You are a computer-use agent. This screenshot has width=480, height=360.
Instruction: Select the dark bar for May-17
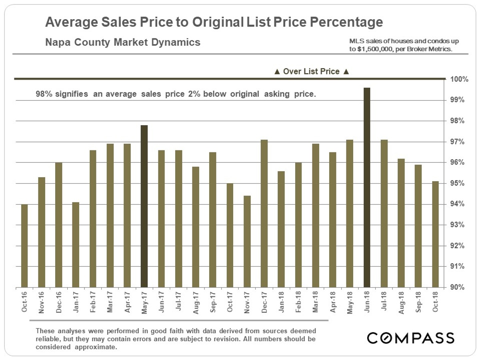pyautogui.click(x=144, y=206)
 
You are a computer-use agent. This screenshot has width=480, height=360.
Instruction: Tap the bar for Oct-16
pyautogui.click(x=24, y=246)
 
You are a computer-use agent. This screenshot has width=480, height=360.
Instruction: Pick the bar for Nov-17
pyautogui.click(x=247, y=242)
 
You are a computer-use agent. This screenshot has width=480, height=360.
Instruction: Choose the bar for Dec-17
pyautogui.click(x=264, y=214)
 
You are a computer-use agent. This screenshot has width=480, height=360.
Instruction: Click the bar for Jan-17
pyautogui.click(x=76, y=245)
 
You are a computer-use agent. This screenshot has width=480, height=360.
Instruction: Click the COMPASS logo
pyautogui.click(x=411, y=338)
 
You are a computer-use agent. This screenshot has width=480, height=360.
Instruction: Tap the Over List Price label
pyautogui.click(x=312, y=72)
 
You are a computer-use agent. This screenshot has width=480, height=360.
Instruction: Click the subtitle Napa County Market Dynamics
pyautogui.click(x=123, y=42)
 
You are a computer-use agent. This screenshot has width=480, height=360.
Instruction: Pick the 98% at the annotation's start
pyautogui.click(x=43, y=95)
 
